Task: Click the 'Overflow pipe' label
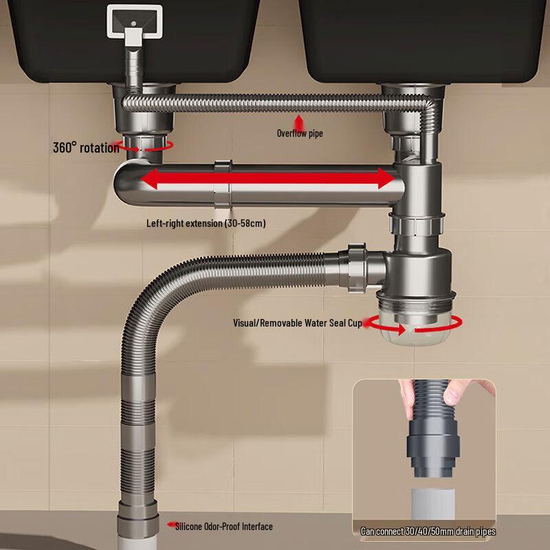pyautogui.click(x=299, y=133)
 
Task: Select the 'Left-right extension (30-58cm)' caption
pyautogui.click(x=206, y=223)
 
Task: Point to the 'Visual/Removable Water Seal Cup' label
pyautogui.click(x=297, y=322)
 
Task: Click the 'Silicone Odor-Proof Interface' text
pyautogui.click(x=223, y=527)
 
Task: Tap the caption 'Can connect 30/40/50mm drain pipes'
pyautogui.click(x=428, y=531)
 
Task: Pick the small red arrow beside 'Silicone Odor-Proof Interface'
pyautogui.click(x=170, y=525)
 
